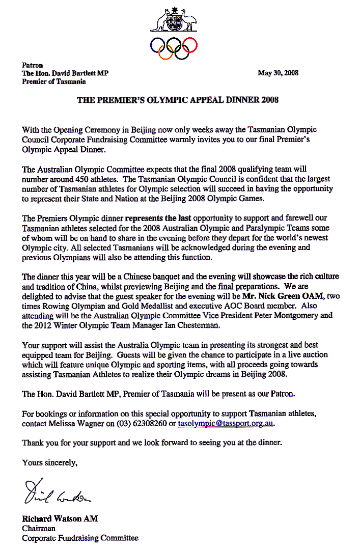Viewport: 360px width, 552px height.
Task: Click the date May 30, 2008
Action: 278,73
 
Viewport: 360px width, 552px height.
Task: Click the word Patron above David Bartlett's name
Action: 33,65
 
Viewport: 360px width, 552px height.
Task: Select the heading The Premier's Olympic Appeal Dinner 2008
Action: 178,100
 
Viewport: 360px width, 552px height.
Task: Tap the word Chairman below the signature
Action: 39,529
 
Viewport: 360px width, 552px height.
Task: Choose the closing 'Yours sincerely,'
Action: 49,462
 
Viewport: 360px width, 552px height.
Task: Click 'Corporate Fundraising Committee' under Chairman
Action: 80,538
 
